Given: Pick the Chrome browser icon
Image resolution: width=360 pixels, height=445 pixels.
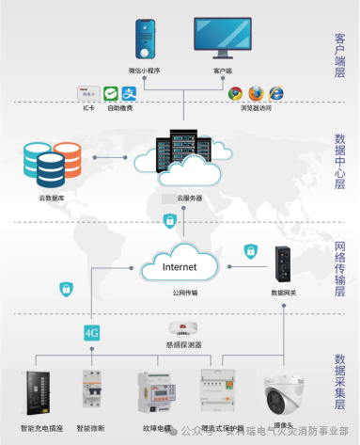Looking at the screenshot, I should [x=235, y=94].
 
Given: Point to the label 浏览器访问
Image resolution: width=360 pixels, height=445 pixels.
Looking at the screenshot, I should [x=255, y=107].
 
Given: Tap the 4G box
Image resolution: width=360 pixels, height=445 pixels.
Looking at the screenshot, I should [x=92, y=331].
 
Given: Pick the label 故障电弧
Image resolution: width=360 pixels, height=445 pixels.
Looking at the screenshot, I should [x=158, y=428].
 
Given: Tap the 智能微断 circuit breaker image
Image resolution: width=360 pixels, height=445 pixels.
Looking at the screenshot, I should [x=91, y=395].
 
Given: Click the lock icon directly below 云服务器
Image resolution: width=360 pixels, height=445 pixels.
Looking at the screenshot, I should [x=169, y=220].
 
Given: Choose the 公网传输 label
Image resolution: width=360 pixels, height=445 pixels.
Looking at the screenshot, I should [x=184, y=293].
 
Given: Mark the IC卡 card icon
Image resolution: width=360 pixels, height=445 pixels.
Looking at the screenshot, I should [x=87, y=93].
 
